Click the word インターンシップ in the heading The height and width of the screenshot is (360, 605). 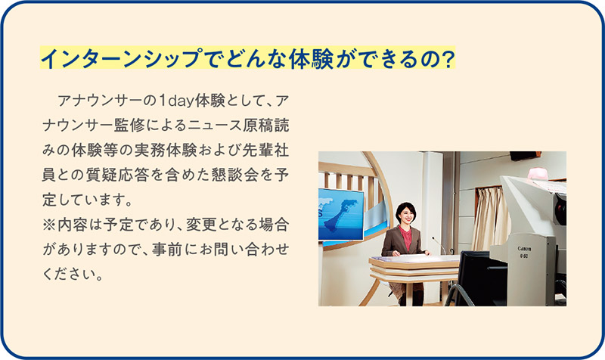click(x=122, y=58)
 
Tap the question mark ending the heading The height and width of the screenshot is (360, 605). click(x=447, y=59)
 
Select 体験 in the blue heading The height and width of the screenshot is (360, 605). click(x=312, y=58)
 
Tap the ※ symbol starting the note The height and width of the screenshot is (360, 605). click(x=49, y=225)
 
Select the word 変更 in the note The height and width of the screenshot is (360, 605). click(x=201, y=225)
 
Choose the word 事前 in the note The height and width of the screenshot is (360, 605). click(x=166, y=250)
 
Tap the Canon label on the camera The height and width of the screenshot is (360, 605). click(x=524, y=249)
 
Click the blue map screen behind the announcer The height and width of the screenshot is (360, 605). click(x=341, y=215)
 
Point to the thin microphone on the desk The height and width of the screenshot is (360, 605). click(x=439, y=244)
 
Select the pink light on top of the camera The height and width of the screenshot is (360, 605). click(x=538, y=174)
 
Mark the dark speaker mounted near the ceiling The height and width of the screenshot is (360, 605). click(x=524, y=156)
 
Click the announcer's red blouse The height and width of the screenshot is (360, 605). click(x=405, y=237)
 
